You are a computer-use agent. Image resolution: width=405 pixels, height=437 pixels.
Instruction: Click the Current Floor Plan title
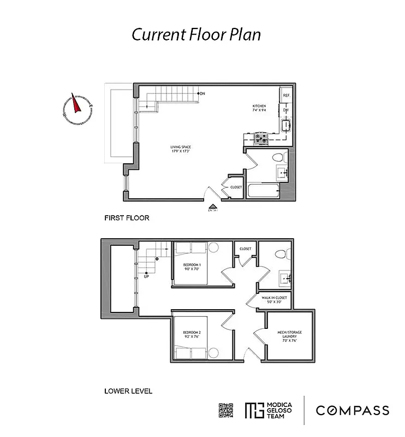(x=196, y=34)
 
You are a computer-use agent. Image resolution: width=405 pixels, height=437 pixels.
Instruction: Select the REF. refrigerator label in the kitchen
(x=286, y=96)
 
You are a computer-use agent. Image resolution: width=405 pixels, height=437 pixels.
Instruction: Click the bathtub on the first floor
(x=263, y=191)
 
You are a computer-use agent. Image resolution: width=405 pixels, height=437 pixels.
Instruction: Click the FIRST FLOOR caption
(x=127, y=218)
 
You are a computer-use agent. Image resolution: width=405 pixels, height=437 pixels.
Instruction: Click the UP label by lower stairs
(x=146, y=276)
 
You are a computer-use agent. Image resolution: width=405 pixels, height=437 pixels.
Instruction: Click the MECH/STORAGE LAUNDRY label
(x=289, y=334)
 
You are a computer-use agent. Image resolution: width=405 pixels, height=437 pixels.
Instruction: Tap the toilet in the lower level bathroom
(x=279, y=254)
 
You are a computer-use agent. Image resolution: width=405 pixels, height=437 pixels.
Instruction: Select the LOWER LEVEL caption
(x=128, y=391)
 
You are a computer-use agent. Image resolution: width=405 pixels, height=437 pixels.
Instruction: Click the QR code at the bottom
(x=226, y=410)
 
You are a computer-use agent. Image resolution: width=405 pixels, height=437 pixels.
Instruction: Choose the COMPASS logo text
(x=353, y=411)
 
